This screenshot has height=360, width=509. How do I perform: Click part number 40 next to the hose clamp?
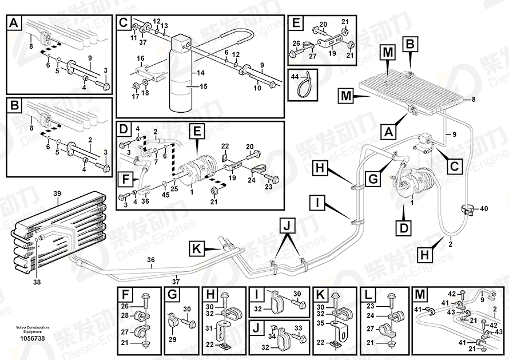pyautogui.click(x=484, y=208)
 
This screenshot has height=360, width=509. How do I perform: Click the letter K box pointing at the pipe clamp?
pyautogui.click(x=196, y=249)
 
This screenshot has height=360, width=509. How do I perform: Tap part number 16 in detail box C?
pyautogui.click(x=140, y=58)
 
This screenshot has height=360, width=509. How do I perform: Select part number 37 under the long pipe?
pyautogui.click(x=176, y=279)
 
